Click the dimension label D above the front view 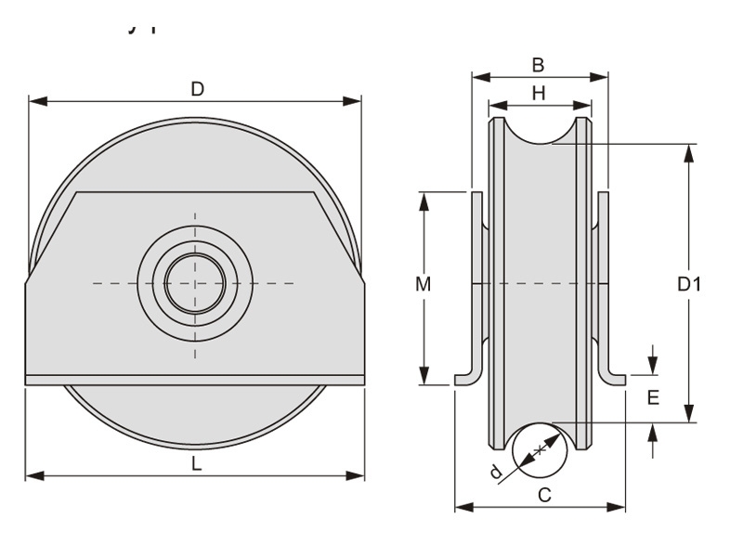(197, 89)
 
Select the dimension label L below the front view (196, 464)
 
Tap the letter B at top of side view (538, 65)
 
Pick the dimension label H (539, 93)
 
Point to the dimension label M (423, 285)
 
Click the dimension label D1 (688, 284)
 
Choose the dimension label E (653, 397)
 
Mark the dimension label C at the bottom (544, 495)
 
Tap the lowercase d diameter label (496, 473)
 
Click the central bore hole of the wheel (195, 282)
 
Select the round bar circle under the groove (540, 450)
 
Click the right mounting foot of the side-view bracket (613, 377)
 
